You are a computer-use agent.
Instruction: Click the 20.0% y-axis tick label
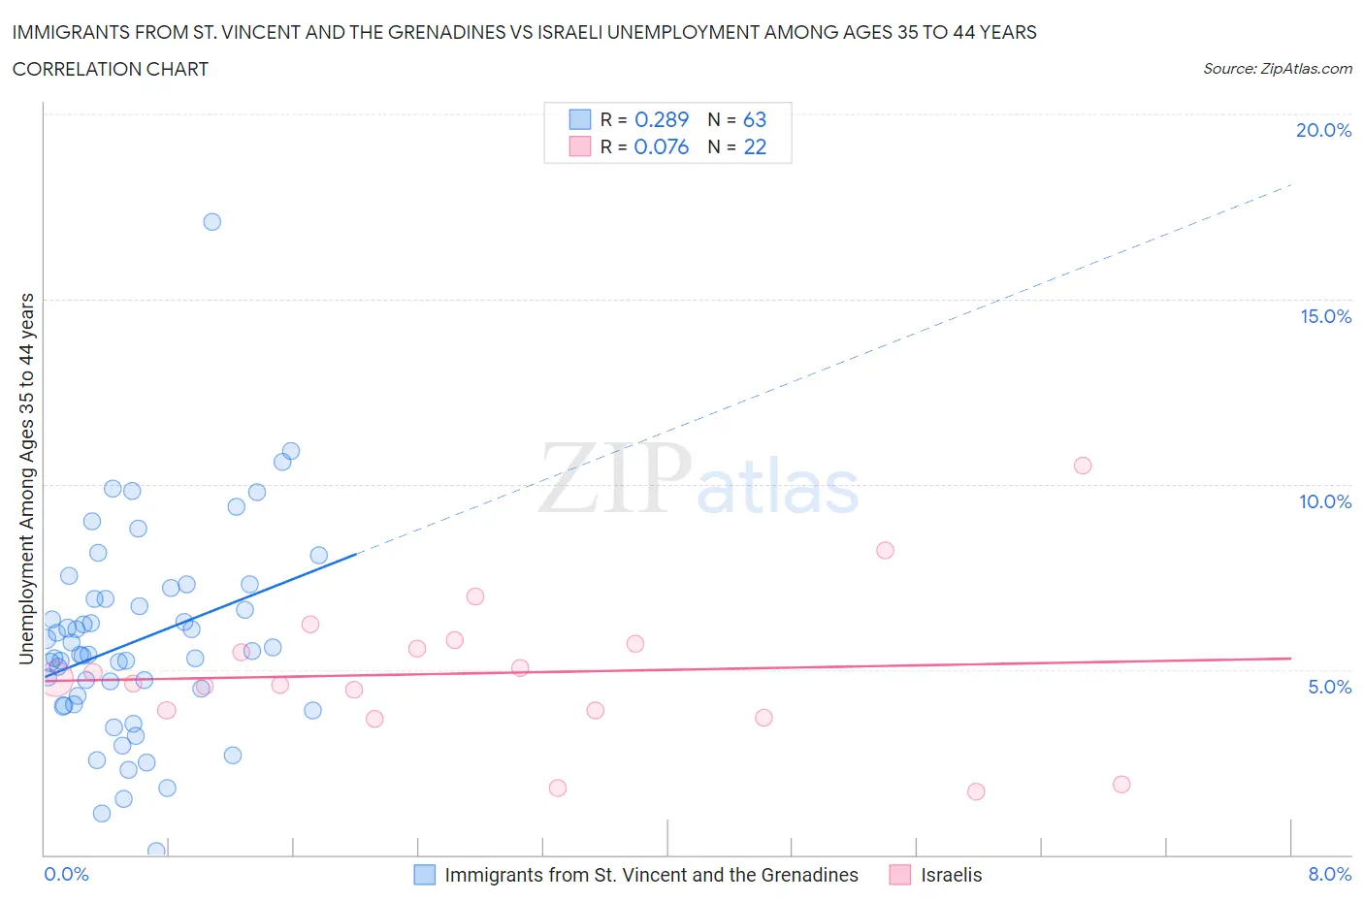click(1323, 130)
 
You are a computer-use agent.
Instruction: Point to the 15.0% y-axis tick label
click(1325, 316)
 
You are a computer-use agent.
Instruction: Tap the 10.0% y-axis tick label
click(1325, 501)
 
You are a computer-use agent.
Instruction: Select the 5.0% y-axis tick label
click(1329, 687)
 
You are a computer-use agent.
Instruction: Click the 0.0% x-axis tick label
click(66, 874)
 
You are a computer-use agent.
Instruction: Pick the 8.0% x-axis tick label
click(1329, 874)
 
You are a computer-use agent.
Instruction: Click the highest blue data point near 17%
click(211, 222)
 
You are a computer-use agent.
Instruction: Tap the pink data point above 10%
click(1083, 466)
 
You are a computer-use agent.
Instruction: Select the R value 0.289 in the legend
click(661, 119)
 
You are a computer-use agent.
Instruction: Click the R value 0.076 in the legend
click(661, 146)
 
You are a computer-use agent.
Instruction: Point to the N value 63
click(754, 119)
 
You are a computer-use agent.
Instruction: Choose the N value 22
click(754, 146)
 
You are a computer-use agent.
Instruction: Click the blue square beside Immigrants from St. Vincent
click(425, 875)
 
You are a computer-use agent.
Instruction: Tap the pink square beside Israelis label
click(900, 875)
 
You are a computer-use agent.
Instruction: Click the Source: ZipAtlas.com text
click(1277, 69)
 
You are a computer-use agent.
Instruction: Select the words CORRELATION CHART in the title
click(111, 69)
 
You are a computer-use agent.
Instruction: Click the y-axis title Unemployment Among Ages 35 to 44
click(26, 478)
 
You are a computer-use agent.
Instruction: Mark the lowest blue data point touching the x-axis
click(156, 851)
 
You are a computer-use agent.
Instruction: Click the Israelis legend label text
click(951, 875)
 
